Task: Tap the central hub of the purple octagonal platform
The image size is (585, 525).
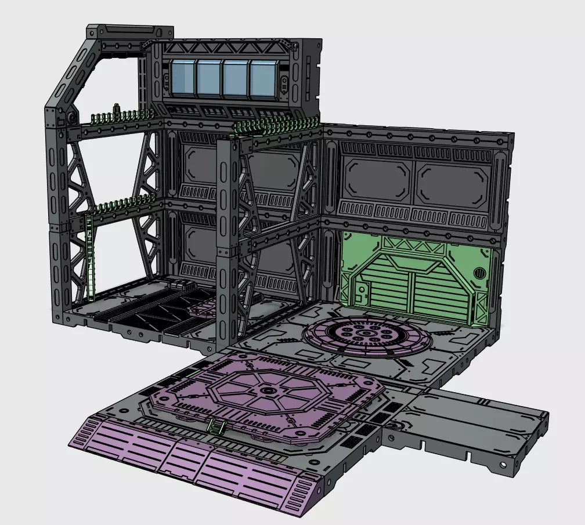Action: pos(268,392)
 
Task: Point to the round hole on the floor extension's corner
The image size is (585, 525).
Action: pos(500,466)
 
